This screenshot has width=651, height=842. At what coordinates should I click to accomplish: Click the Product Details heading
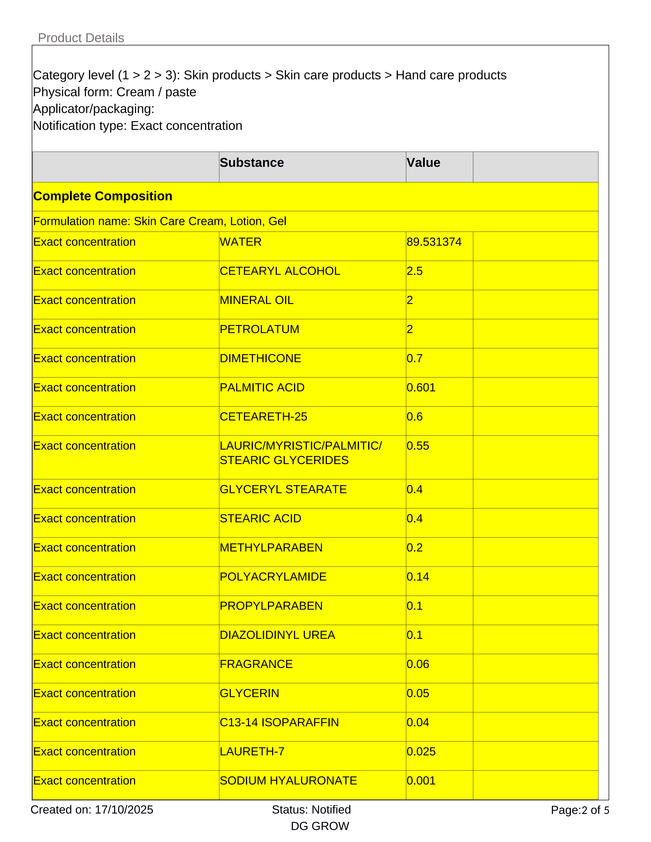pos(81,38)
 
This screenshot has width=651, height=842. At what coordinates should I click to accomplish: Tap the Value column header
pos(423,163)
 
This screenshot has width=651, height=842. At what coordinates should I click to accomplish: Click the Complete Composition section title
pos(103,196)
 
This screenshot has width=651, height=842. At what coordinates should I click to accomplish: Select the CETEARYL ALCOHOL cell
pos(280,271)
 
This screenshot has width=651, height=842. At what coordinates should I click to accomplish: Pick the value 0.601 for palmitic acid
pos(421,388)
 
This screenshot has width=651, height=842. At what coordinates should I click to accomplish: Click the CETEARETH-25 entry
pos(263,417)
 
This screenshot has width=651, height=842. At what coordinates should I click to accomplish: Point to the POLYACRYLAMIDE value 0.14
pos(418,577)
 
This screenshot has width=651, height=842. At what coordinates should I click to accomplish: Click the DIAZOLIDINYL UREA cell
pos(277,635)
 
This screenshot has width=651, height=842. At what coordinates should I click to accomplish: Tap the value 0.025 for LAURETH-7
pos(421,751)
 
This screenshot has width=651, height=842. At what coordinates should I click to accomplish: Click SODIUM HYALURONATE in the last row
pos(288,781)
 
